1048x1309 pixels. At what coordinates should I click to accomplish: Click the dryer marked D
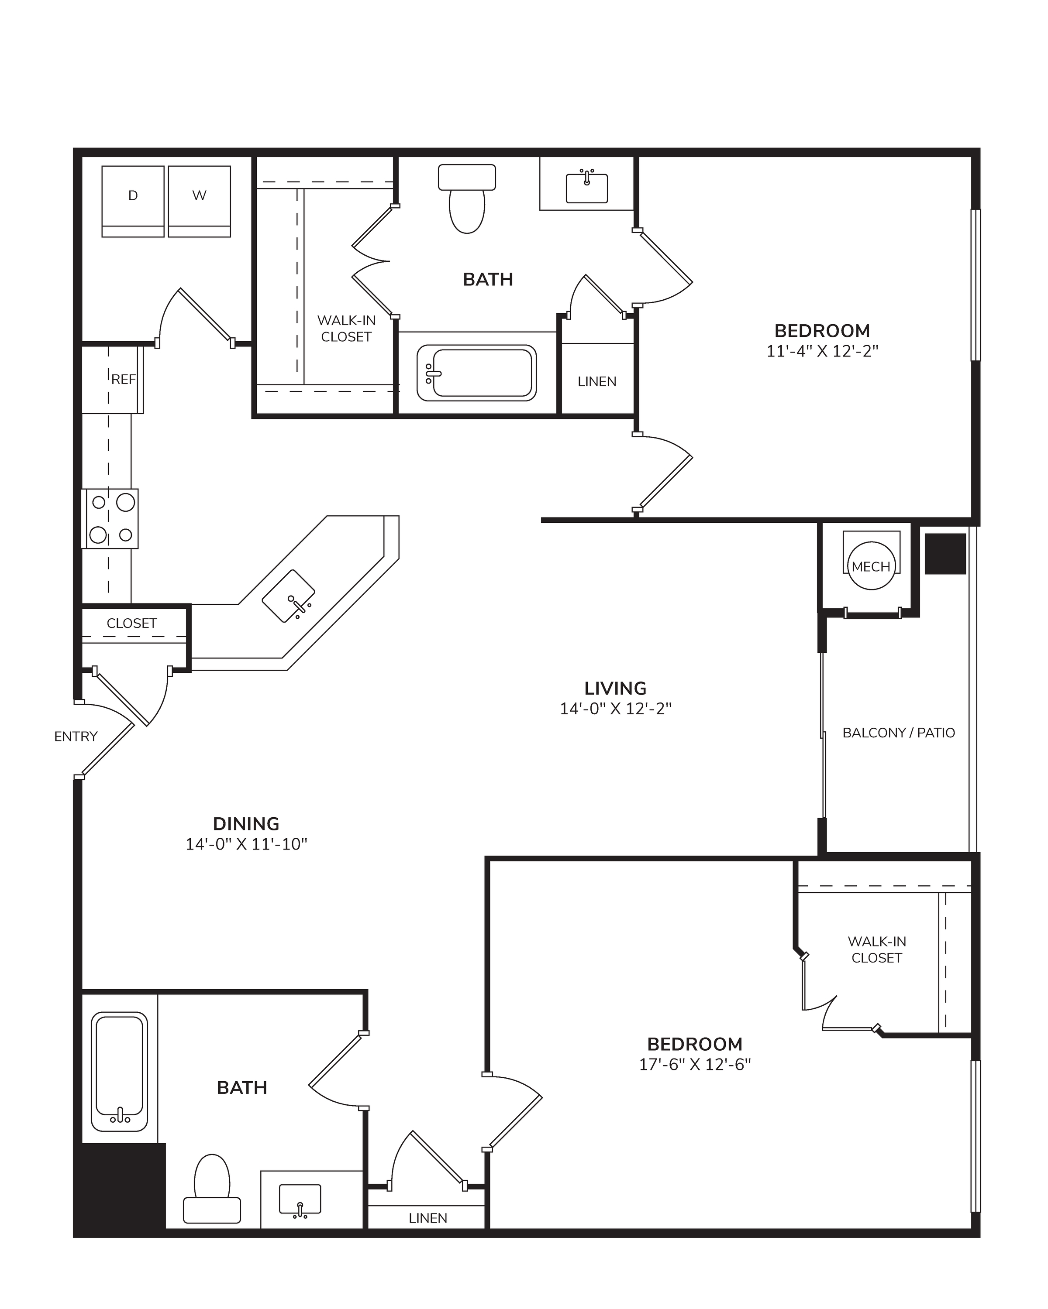click(x=133, y=201)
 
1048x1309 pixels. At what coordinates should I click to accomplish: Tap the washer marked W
click(x=199, y=201)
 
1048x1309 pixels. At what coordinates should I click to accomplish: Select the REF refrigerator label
click(x=123, y=380)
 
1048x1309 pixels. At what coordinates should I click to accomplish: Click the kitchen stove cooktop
click(x=110, y=518)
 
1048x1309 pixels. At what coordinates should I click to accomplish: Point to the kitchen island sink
click(x=289, y=596)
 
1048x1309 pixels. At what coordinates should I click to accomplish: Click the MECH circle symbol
click(x=871, y=566)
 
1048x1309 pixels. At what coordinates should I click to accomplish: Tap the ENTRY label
click(x=76, y=737)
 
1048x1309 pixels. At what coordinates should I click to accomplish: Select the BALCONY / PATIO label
click(x=899, y=733)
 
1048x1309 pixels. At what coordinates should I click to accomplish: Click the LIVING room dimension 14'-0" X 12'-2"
click(x=615, y=709)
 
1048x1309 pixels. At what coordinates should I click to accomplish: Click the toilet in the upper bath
click(x=467, y=199)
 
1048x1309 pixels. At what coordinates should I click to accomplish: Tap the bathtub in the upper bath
click(x=477, y=373)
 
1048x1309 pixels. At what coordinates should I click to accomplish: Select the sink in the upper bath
click(x=587, y=188)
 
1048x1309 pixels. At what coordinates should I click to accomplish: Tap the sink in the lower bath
click(x=300, y=1201)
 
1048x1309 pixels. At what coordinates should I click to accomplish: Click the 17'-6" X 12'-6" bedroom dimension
click(x=695, y=1064)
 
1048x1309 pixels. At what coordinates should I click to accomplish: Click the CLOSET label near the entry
click(x=132, y=624)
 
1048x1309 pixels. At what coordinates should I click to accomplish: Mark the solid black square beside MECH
click(x=945, y=554)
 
